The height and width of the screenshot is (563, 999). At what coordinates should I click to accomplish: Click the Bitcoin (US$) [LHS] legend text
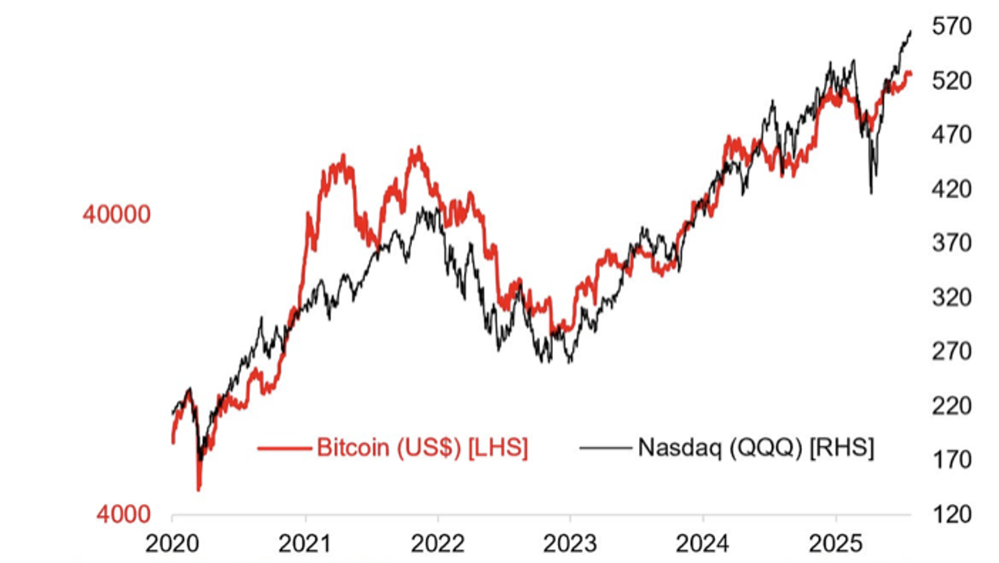[422, 448]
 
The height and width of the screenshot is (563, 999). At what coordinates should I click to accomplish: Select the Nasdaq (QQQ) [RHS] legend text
[756, 448]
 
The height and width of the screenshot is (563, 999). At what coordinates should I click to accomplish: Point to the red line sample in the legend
[285, 448]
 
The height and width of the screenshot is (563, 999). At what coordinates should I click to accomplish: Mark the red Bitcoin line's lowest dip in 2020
[199, 489]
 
